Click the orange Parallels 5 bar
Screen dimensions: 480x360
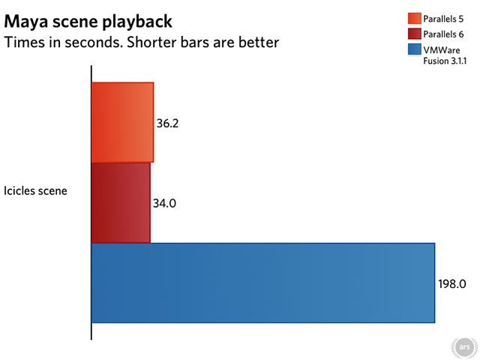(x=122, y=122)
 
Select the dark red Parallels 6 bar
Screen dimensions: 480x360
(x=121, y=202)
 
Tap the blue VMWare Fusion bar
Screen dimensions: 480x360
(x=263, y=283)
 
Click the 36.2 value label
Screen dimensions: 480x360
(x=167, y=123)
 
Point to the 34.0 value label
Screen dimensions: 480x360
(x=164, y=203)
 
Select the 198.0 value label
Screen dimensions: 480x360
(x=451, y=283)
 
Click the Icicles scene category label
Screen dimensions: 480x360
(x=35, y=190)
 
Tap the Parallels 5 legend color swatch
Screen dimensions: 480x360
(x=415, y=18)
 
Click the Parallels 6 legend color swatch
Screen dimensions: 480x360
(x=415, y=34)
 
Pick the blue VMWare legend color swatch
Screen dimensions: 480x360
(x=415, y=49)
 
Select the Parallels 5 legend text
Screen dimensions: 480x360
(x=443, y=19)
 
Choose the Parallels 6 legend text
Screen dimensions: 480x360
(x=443, y=34)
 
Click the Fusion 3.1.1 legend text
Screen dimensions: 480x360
(x=445, y=61)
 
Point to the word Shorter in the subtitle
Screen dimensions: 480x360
(x=151, y=42)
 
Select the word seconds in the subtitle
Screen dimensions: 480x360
(x=93, y=42)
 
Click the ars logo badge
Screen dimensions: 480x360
(x=464, y=347)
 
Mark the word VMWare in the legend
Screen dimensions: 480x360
(x=442, y=50)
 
